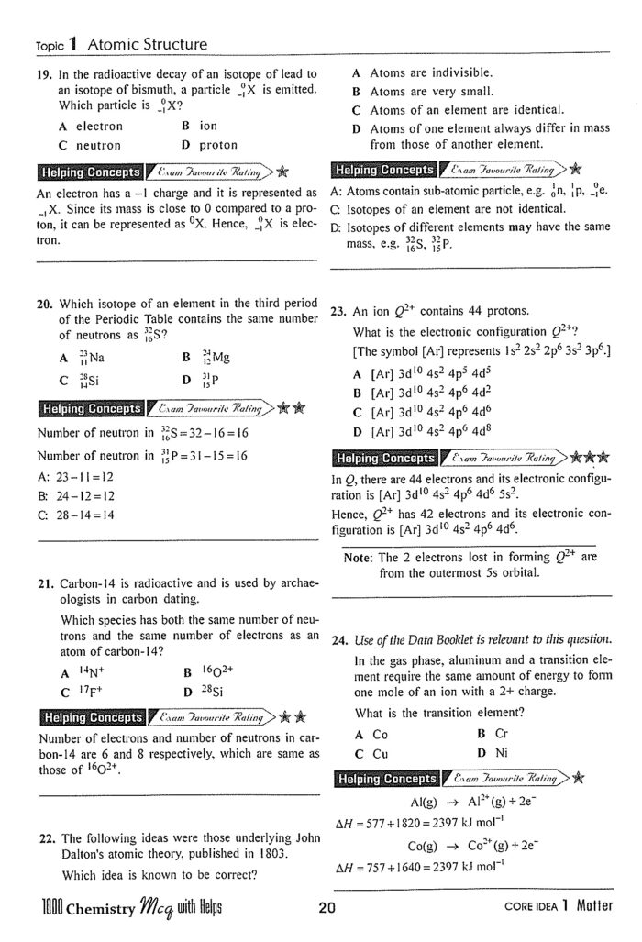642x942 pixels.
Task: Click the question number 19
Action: [x=43, y=74]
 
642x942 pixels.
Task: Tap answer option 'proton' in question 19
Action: [x=217, y=145]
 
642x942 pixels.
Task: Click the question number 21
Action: [x=44, y=583]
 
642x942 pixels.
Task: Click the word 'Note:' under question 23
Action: [x=360, y=556]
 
